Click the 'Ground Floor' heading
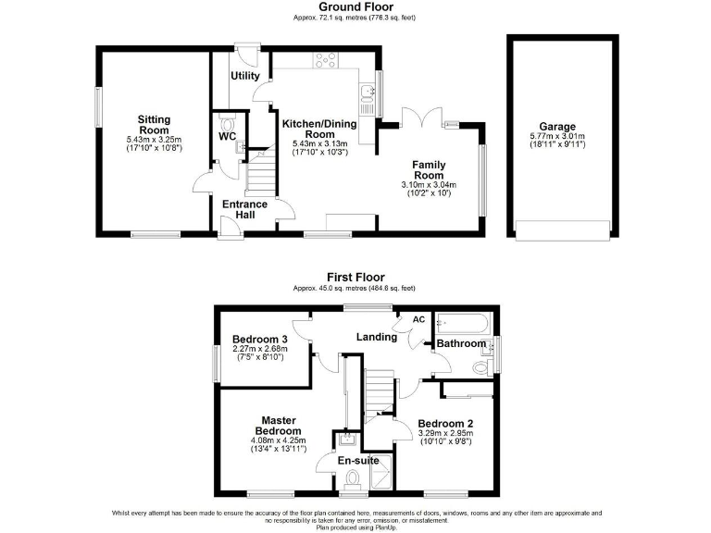(x=356, y=6)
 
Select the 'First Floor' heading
(x=355, y=277)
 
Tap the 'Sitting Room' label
(x=155, y=125)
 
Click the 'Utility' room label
(x=244, y=76)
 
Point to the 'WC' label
(x=227, y=136)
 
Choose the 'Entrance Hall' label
(x=244, y=209)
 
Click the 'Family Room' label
(x=429, y=169)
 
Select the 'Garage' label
(x=558, y=127)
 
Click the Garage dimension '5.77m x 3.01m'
(x=558, y=137)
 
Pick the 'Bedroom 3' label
(x=260, y=339)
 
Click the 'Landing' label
(x=377, y=337)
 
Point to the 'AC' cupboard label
(x=418, y=319)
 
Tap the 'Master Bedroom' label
(x=279, y=425)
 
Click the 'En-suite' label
(x=356, y=460)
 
